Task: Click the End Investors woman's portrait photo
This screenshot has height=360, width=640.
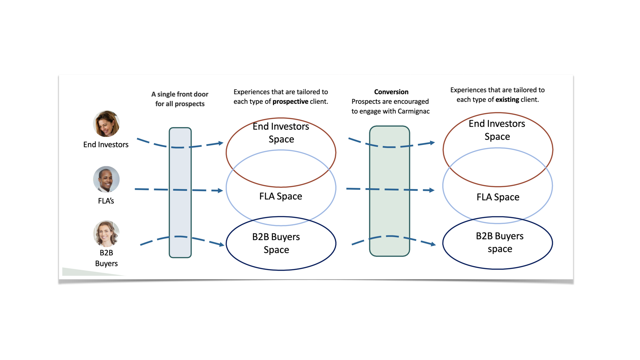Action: pos(106,124)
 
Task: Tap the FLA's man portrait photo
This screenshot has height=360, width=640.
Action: pos(106,179)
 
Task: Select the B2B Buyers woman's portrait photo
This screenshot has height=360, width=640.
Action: pos(106,234)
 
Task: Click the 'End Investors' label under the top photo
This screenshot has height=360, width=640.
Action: pos(106,144)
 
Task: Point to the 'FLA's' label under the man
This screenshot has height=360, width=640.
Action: pos(106,201)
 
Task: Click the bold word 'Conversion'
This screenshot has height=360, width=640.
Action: pos(391,92)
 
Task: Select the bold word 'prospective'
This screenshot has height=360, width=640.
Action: pos(290,102)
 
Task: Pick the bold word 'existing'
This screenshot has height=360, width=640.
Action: pos(507,100)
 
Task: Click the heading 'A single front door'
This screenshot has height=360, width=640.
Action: pos(180,94)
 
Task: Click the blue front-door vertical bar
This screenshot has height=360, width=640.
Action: pos(180,193)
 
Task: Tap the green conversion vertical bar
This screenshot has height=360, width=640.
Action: pos(390,191)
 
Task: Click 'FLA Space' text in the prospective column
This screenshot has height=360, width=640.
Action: pos(281,196)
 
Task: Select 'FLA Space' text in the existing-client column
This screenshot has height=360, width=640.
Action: pos(498,197)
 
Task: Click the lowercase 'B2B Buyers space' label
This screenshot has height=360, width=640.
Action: pos(500,242)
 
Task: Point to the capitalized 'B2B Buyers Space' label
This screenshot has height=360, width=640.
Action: pos(276,243)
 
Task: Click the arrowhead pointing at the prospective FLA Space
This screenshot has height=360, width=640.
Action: pos(220,191)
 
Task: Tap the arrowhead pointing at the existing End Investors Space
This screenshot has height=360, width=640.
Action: pos(432,143)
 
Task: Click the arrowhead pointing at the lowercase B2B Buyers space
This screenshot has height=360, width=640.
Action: pos(433,244)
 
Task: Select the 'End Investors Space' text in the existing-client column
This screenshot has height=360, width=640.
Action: pos(497,130)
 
